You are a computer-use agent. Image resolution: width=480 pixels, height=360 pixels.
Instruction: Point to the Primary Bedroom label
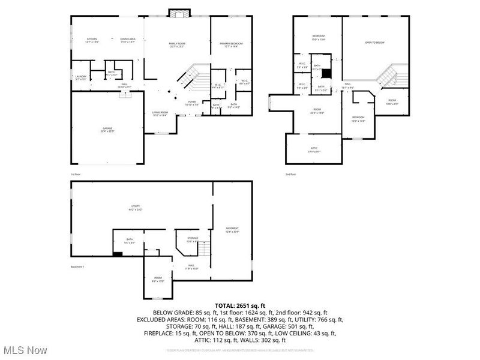(231, 44)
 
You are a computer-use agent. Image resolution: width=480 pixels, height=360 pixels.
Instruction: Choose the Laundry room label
(80, 77)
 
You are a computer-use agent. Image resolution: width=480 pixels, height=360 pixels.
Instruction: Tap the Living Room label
(159, 113)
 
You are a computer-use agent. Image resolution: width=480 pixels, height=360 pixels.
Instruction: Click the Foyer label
(191, 103)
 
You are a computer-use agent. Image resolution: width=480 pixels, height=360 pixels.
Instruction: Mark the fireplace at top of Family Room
(177, 13)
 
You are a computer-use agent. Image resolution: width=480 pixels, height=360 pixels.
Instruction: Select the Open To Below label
(375, 43)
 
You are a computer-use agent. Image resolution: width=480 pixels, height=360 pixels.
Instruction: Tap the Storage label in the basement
(192, 239)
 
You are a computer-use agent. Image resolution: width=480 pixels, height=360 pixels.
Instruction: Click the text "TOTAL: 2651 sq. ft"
(240, 305)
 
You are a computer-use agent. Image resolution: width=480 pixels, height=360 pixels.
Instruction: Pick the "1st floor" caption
(76, 175)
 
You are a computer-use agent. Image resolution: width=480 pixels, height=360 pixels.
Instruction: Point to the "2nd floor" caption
(290, 175)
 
